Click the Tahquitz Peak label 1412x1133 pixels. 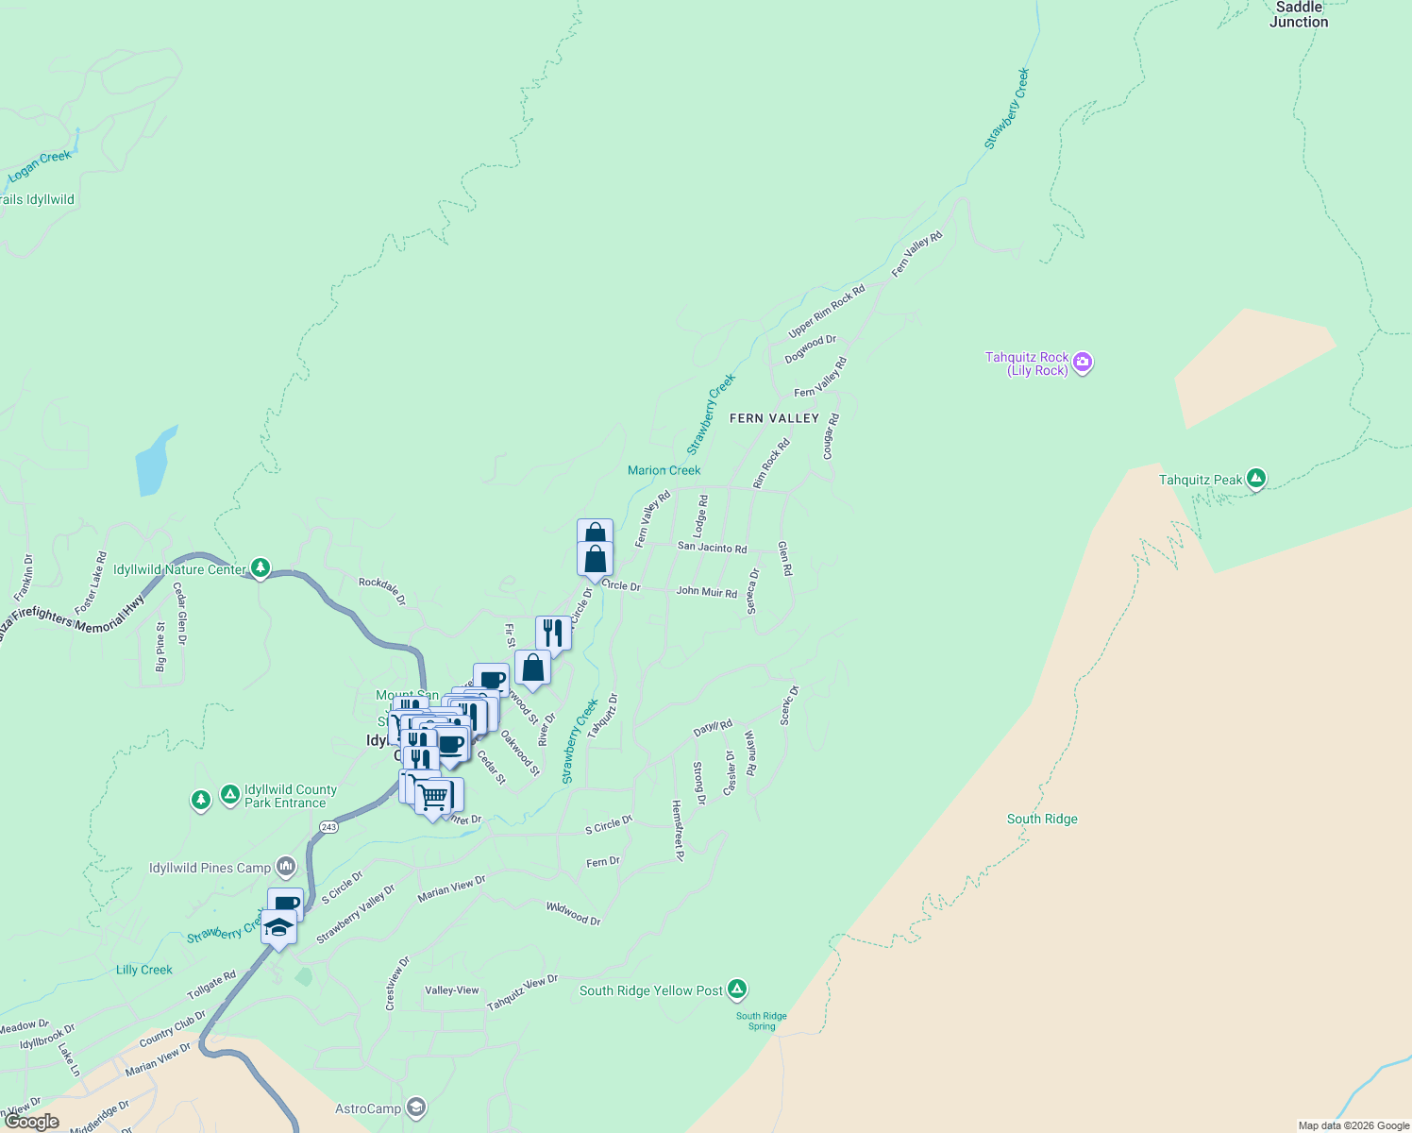tap(1201, 480)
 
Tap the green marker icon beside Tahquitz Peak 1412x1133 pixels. tap(1255, 479)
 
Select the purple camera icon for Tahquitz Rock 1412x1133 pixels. tap(1083, 362)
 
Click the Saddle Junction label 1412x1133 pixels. tap(1299, 14)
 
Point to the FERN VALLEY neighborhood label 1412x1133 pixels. tap(774, 418)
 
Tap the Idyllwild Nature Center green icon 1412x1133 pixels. tap(261, 568)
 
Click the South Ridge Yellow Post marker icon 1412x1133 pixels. tap(737, 989)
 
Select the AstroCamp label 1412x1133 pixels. tap(368, 1108)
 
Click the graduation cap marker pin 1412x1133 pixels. tap(278, 926)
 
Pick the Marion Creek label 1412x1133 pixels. tap(664, 470)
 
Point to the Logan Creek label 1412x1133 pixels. tap(40, 167)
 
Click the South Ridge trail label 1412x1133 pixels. tap(1042, 819)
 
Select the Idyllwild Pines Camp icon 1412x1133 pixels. tap(286, 867)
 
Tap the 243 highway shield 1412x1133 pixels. tap(328, 827)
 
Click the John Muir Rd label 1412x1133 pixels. tap(706, 592)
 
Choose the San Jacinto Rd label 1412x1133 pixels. tap(712, 548)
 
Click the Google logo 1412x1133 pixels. tap(33, 1122)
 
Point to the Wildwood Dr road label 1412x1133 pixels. tap(573, 913)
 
